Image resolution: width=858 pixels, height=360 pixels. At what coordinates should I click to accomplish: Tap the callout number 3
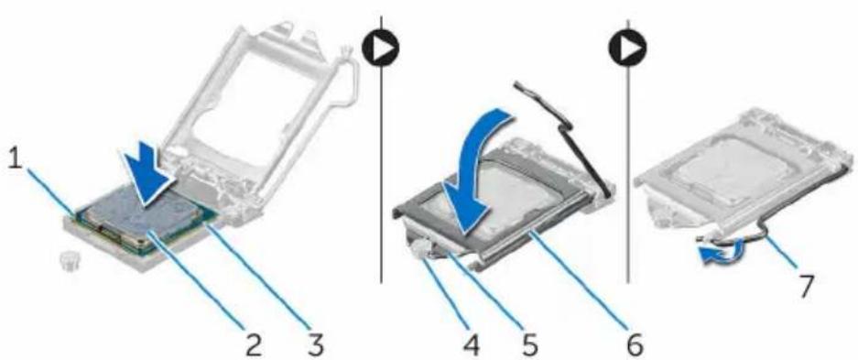pos(313,344)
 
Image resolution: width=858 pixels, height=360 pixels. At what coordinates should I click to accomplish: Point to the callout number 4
pos(472,344)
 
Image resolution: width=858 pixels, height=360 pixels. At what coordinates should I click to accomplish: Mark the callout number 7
pos(807,286)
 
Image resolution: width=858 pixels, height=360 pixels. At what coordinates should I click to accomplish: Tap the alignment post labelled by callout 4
pos(420,249)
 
